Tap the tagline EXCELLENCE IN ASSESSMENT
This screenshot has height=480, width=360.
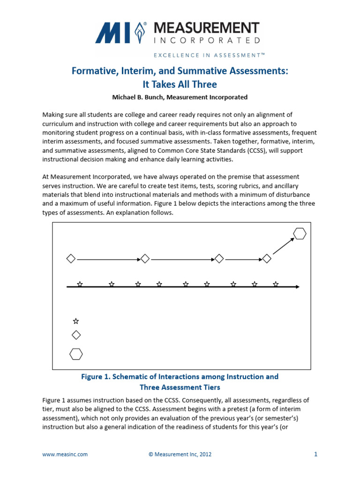click(x=209, y=55)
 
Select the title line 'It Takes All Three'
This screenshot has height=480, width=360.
click(x=180, y=84)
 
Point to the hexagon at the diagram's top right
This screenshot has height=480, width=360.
click(x=300, y=233)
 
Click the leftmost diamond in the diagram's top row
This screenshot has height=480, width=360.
click(x=71, y=259)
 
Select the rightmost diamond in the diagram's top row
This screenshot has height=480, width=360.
click(x=266, y=259)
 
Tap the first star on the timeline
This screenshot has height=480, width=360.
click(x=80, y=284)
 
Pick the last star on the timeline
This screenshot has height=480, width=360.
click(x=276, y=284)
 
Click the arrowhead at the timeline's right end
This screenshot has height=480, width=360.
click(x=297, y=286)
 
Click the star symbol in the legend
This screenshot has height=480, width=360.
click(x=76, y=321)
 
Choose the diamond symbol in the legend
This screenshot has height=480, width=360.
click(x=76, y=335)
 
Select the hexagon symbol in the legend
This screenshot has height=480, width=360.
click(x=76, y=354)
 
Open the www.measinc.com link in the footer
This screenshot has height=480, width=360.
click(x=65, y=454)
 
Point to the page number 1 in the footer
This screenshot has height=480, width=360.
click(x=315, y=454)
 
